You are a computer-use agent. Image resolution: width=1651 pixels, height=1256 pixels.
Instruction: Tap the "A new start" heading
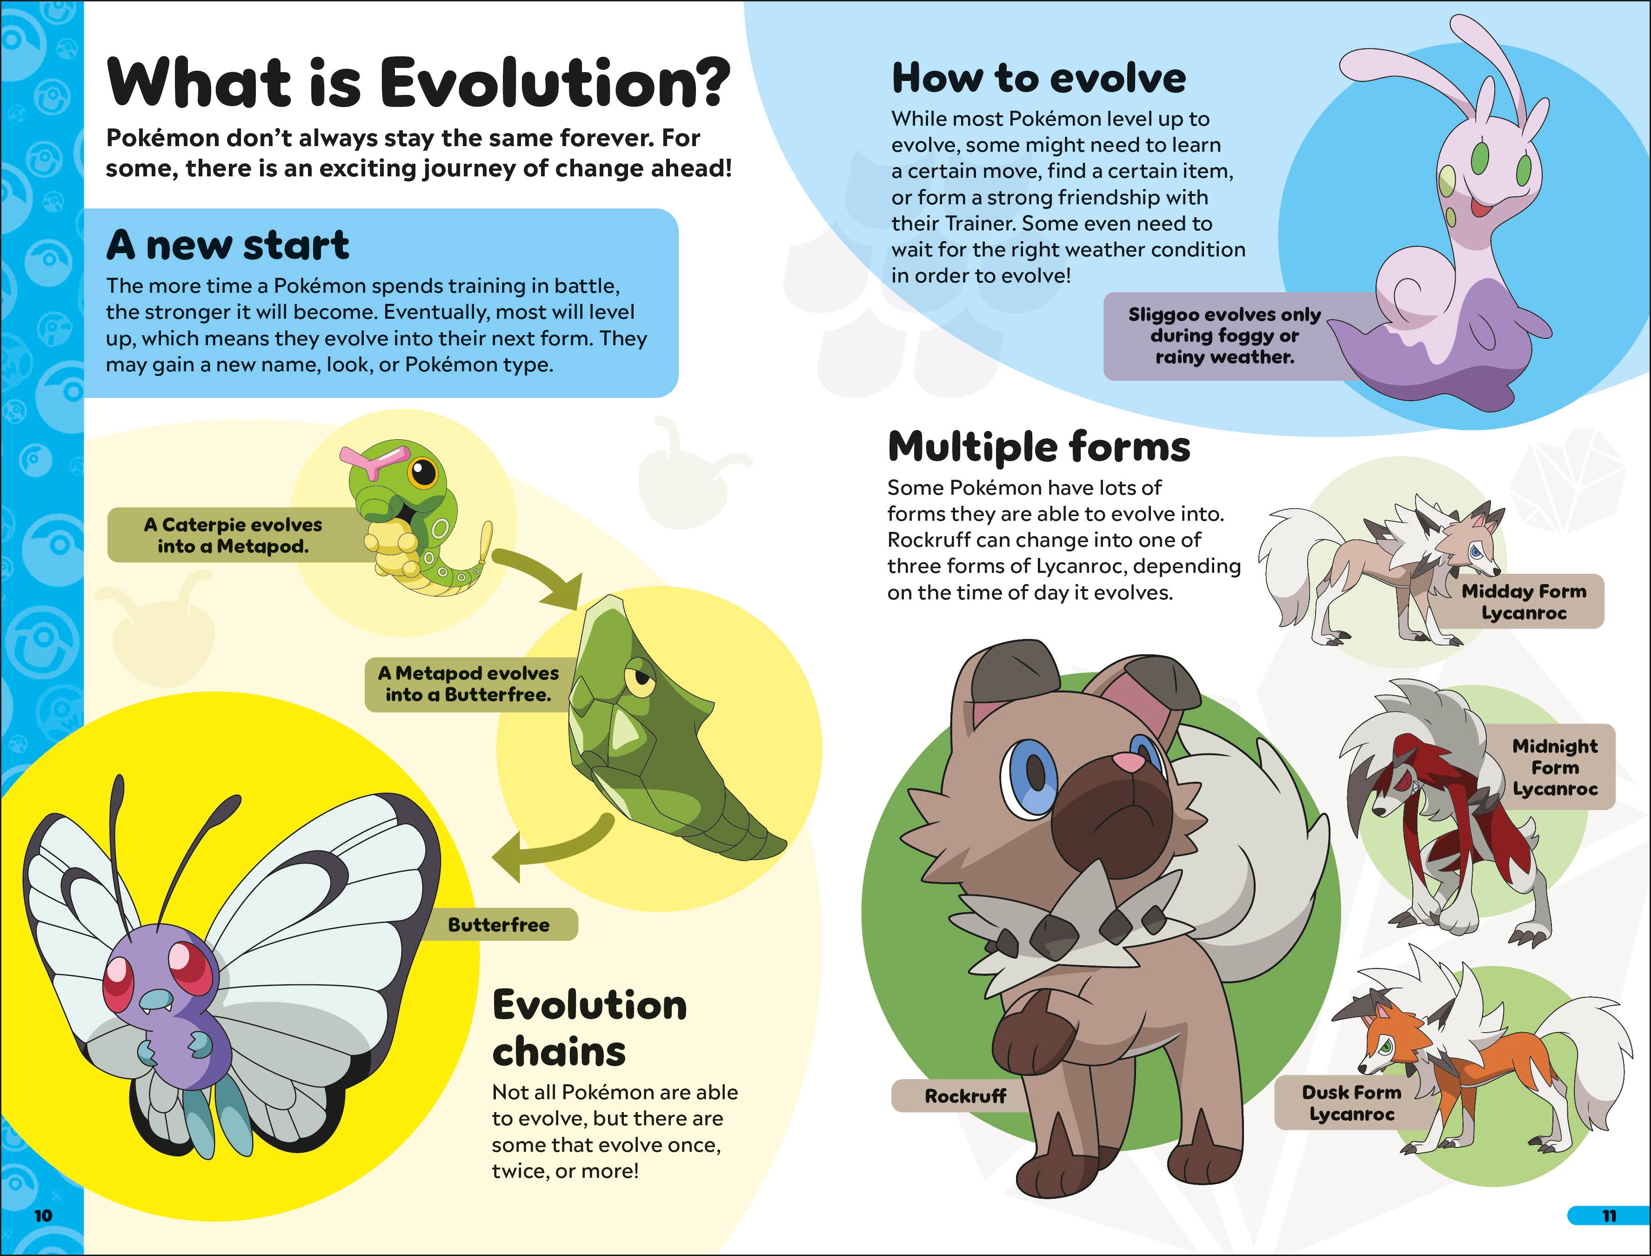(x=228, y=245)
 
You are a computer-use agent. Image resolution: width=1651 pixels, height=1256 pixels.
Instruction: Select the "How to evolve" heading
(x=1039, y=79)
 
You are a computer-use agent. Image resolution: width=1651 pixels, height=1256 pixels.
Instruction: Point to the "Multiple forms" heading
(x=1039, y=447)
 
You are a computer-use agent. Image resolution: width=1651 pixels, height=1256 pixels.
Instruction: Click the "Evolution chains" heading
(x=589, y=1028)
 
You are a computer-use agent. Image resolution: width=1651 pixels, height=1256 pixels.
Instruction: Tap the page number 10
(x=43, y=1216)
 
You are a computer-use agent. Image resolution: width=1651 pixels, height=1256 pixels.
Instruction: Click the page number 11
(x=1609, y=1216)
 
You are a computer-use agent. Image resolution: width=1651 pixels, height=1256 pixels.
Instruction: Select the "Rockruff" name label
(x=965, y=1096)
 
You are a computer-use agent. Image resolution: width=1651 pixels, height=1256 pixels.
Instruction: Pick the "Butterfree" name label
(x=499, y=925)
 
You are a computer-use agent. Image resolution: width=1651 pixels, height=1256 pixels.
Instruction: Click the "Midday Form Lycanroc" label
(x=1523, y=602)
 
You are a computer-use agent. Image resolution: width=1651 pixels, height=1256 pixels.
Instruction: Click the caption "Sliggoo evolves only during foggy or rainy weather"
(x=1224, y=336)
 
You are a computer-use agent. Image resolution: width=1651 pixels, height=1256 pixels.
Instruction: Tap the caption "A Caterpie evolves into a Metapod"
(x=233, y=535)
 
